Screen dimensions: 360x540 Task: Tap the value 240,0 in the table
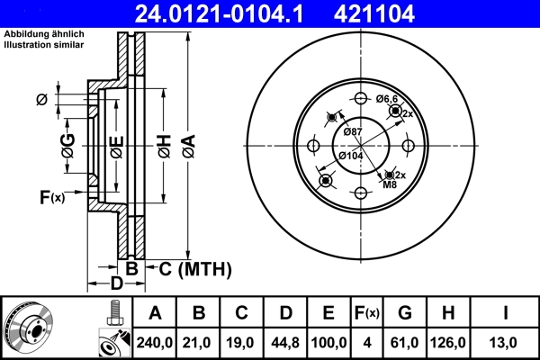[x=154, y=342]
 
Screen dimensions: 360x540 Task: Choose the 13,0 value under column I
[x=507, y=342]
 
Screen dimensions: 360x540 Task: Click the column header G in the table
[x=405, y=313]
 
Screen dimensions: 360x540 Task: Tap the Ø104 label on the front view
[x=350, y=156]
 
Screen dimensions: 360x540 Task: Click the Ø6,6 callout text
[x=387, y=98]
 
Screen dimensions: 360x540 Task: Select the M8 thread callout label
[x=390, y=185]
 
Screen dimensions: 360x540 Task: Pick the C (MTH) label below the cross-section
[x=195, y=268]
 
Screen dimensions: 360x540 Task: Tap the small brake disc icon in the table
[x=29, y=328]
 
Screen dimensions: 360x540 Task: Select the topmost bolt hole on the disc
[x=359, y=99]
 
